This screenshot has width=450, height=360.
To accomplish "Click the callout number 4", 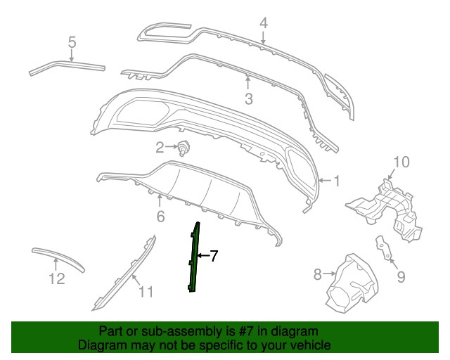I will [264, 22].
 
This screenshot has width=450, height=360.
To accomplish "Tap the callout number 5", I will [72, 44].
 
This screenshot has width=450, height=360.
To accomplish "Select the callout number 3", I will [248, 100].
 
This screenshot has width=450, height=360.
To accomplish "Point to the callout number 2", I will [160, 147].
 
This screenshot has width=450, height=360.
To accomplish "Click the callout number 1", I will [336, 181].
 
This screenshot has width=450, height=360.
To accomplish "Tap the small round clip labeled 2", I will [185, 148].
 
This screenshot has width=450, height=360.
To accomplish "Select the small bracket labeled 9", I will [384, 247].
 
